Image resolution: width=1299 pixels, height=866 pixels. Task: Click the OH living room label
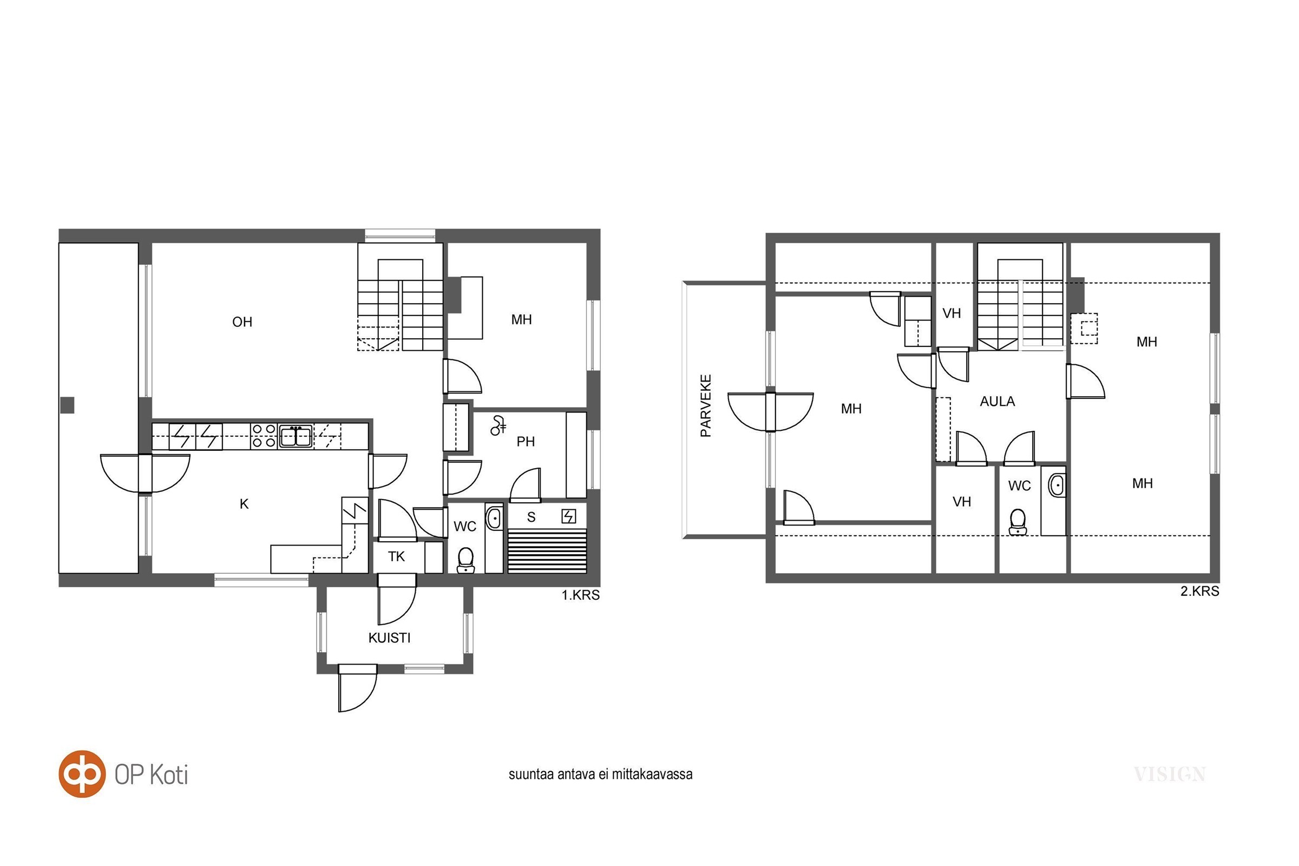point(242,322)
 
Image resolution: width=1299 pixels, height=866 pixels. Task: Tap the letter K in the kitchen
point(244,504)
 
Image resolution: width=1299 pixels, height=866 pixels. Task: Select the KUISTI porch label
point(389,638)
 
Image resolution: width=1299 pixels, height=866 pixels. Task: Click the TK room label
point(397,557)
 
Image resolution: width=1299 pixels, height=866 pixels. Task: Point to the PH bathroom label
point(526,441)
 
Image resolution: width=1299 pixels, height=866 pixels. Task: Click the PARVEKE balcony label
point(706,406)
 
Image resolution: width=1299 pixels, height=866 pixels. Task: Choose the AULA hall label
point(998,402)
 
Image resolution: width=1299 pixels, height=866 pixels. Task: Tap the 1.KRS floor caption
point(580,595)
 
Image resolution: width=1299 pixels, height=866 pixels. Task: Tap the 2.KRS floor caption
point(1199,591)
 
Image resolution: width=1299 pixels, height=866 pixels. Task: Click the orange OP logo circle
point(82,774)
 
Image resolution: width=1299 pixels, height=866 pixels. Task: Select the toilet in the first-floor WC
point(465,560)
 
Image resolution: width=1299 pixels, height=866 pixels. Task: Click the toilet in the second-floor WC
point(1018,522)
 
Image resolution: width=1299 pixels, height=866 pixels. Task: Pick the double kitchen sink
point(296,436)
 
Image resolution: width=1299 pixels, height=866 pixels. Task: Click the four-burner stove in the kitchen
point(264,436)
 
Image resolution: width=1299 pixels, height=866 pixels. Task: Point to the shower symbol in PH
point(497,425)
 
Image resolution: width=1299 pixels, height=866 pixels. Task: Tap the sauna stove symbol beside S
point(568,516)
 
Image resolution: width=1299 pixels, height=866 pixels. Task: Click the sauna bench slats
point(547,551)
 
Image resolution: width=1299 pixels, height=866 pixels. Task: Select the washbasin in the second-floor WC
point(1057,486)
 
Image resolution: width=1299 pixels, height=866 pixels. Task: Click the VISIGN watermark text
point(1169,775)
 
